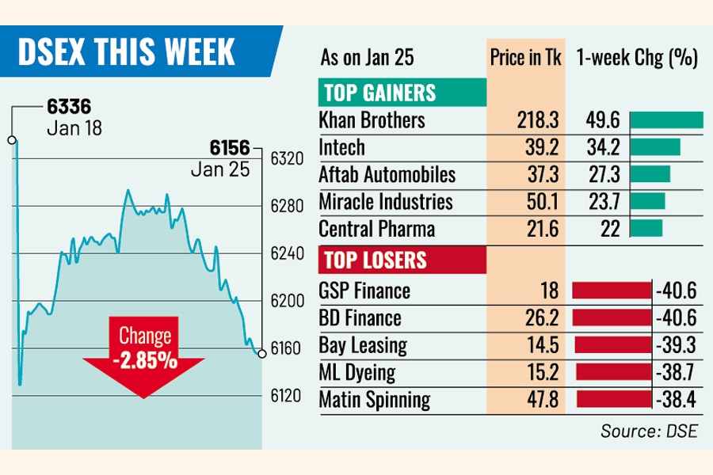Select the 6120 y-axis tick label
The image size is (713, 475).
[288, 396]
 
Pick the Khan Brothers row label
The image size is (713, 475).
[372, 120]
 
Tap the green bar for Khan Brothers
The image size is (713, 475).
[666, 120]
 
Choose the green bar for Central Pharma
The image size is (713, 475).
[646, 228]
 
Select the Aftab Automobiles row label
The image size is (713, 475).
[387, 174]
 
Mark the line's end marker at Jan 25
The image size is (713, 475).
[261, 353]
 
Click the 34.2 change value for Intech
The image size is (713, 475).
[603, 147]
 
